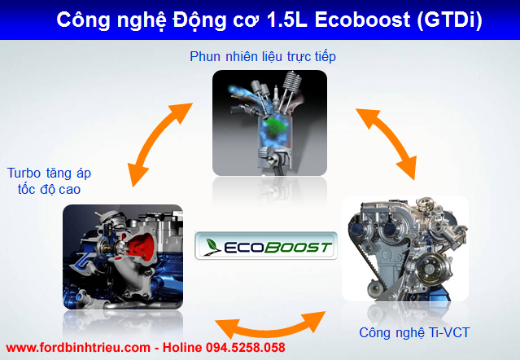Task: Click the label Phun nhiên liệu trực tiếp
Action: [263, 57]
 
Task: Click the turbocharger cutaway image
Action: [122, 257]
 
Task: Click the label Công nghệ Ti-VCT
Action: [414, 332]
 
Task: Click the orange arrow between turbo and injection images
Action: [159, 138]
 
